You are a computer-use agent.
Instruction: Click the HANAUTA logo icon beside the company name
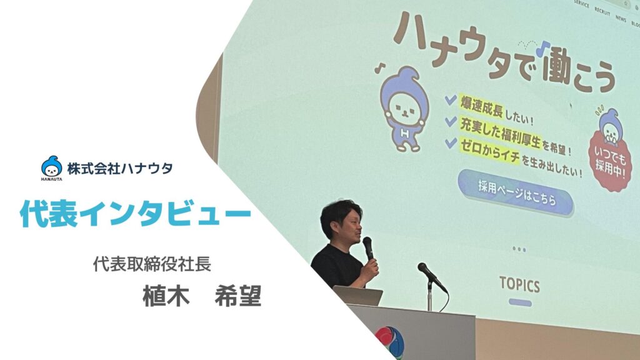51,167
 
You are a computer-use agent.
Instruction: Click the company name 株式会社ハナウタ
120,168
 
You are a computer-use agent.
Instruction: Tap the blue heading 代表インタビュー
136,212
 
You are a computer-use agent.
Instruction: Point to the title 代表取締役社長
152,264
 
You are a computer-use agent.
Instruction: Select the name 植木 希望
202,296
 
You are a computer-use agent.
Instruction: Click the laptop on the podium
358,295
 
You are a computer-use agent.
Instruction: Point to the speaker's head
341,221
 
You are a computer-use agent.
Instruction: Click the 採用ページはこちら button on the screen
516,193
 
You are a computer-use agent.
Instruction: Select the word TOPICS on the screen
519,284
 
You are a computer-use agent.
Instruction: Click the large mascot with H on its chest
404,109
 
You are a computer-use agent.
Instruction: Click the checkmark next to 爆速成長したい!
451,99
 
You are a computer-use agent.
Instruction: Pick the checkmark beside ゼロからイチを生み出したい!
451,142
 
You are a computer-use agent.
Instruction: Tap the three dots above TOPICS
519,249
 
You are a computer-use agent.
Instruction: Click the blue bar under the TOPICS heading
521,303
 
